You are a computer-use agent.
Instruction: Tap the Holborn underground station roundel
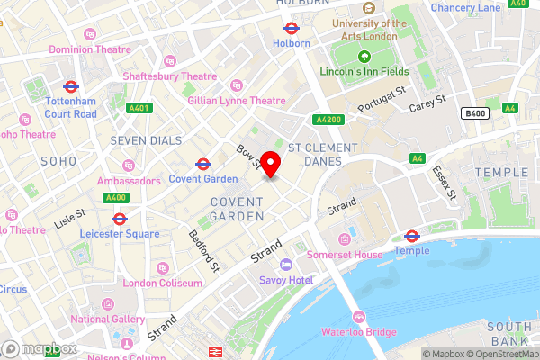(x=291, y=27)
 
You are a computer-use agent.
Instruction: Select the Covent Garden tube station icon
(x=203, y=164)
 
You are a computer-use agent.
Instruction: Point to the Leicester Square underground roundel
(x=119, y=219)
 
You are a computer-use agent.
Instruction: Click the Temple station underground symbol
(x=412, y=236)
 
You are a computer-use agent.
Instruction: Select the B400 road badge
(x=474, y=112)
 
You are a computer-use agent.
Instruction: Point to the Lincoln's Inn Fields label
(x=364, y=71)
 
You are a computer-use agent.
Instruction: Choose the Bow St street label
(x=248, y=157)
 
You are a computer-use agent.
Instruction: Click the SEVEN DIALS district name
(x=146, y=140)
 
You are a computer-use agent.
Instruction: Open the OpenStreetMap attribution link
(x=500, y=354)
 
